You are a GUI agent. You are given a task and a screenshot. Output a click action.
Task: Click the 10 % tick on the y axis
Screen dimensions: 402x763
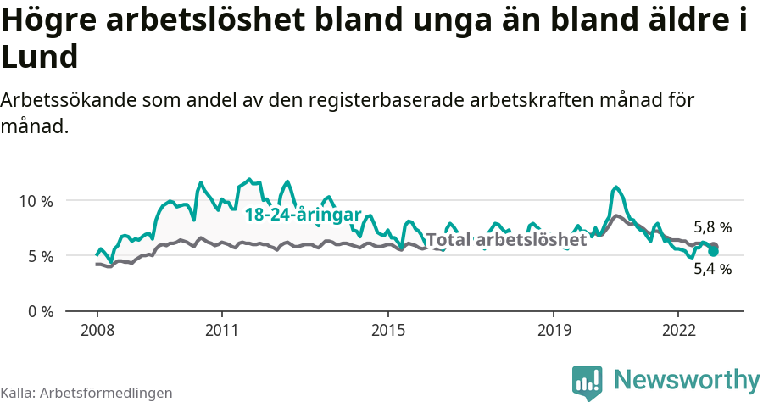(35, 201)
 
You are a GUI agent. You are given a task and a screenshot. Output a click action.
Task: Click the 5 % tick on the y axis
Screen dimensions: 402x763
(38, 256)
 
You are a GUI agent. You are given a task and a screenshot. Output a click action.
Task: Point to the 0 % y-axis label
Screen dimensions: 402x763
(38, 311)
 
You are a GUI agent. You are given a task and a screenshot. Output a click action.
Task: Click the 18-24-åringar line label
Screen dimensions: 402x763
(303, 215)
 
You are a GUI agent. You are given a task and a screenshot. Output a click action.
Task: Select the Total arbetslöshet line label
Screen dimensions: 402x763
(506, 240)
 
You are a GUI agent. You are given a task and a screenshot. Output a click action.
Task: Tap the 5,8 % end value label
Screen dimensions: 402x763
(712, 227)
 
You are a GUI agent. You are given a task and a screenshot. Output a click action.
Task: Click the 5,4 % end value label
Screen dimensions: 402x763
(712, 269)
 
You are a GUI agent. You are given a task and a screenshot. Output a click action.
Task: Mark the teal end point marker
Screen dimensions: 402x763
(714, 252)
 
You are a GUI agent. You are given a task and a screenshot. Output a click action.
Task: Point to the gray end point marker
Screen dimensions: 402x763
(714, 246)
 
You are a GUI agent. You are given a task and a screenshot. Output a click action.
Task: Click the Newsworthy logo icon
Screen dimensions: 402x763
(588, 382)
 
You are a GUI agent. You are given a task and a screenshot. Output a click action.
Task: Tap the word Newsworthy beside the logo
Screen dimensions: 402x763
(687, 379)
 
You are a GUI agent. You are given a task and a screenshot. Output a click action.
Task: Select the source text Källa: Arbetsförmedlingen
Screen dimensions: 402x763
(86, 393)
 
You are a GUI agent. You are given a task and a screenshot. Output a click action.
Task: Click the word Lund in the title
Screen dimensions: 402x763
(40, 58)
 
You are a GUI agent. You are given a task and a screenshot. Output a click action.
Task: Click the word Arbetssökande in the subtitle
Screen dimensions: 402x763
(70, 100)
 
